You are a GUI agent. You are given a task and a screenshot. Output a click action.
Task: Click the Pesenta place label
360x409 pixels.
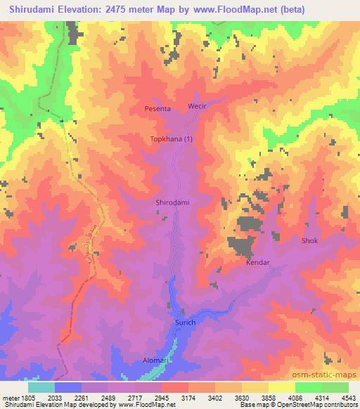[158, 110]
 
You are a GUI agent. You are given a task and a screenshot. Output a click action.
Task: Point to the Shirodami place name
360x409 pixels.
[172, 202]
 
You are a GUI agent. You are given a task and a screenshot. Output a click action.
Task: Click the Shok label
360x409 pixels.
[309, 241]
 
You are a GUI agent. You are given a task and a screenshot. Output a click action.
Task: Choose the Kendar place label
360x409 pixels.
[257, 263]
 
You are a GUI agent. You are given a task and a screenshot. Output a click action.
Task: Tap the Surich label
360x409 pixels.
[185, 323]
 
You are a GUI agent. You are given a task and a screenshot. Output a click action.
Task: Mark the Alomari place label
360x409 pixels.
[149, 361]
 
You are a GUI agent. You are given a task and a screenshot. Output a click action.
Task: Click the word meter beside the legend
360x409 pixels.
[8, 398]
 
